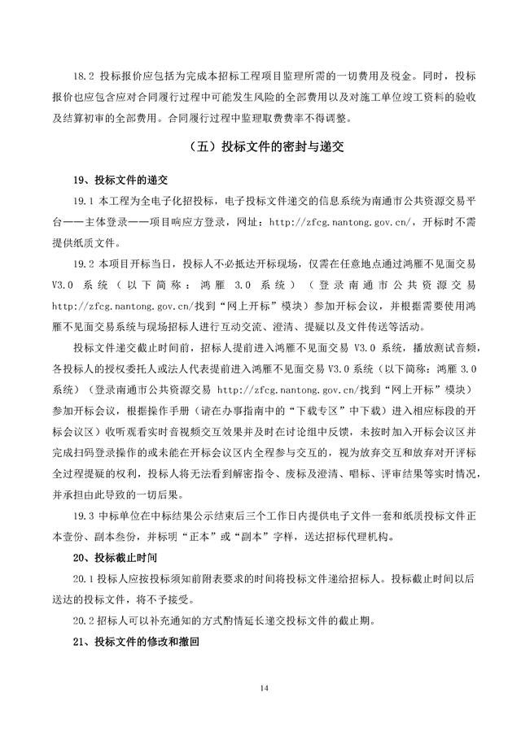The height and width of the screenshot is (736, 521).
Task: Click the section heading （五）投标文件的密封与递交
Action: tap(260, 148)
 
